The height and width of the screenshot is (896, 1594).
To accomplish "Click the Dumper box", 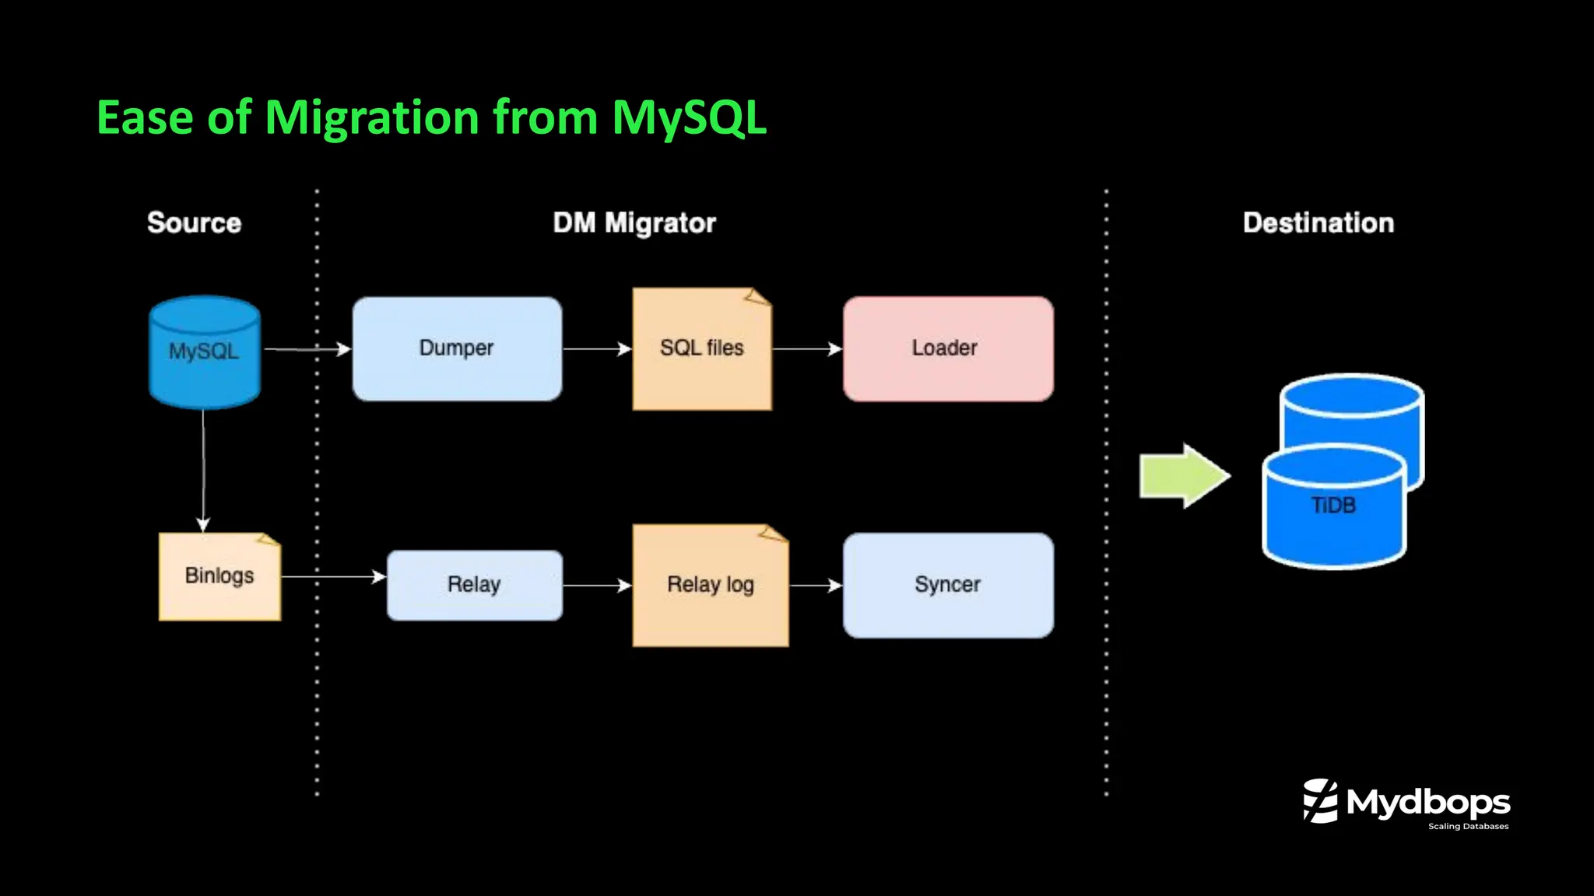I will pos(457,348).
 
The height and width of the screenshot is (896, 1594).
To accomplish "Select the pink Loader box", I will pos(947,348).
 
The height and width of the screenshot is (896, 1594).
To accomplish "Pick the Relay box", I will pos(474,585).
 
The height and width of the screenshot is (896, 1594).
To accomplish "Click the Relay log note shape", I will pos(710,586).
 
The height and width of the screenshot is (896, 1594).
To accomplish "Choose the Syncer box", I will pos(947,585).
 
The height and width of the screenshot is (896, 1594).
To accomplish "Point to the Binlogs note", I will pos(219,576).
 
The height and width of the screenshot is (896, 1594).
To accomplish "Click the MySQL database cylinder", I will pos(204,352).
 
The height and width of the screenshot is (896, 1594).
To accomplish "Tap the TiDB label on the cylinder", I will pos(1333,506).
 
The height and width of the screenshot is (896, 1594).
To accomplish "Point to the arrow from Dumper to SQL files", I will pos(596,349).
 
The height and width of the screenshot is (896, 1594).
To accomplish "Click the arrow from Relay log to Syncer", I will pos(816,585).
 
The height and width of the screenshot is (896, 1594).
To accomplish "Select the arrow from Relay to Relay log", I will pos(596,585).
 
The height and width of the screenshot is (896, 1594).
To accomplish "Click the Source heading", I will pos(194,223).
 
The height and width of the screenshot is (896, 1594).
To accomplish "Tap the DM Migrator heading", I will pos(634,223).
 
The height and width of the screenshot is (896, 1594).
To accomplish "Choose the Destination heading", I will pos(1318,223).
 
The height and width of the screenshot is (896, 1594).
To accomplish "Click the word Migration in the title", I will pos(371,118).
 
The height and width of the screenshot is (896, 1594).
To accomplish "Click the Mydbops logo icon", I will pos(1320,800).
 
